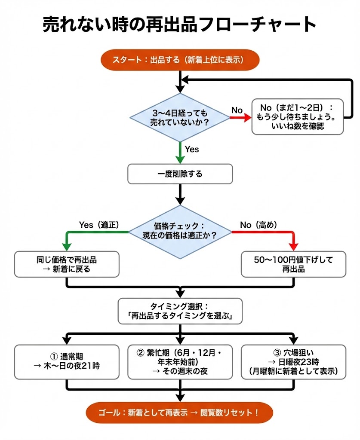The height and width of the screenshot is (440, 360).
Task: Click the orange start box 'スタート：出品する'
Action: (180, 60)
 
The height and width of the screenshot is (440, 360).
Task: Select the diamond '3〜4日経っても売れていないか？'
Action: (180, 117)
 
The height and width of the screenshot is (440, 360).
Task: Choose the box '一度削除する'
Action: (180, 174)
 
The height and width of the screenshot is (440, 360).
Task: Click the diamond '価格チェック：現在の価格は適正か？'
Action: (180, 232)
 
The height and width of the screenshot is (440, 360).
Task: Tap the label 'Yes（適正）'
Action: (99, 225)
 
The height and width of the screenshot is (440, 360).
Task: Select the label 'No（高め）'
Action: (258, 225)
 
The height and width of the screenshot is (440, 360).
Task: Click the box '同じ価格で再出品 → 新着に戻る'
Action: (66, 264)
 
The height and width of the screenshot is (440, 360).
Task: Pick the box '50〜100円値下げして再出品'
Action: (294, 264)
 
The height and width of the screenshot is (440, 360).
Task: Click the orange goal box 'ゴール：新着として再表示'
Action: (180, 413)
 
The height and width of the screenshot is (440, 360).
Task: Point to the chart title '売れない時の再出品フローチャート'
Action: (180, 24)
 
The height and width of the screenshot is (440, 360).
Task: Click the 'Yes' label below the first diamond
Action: (192, 149)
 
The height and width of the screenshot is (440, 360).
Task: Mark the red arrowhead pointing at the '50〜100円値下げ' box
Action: (294, 246)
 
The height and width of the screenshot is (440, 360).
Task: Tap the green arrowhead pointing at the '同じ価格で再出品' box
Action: (66, 246)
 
